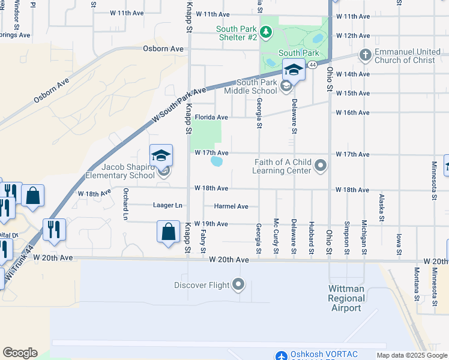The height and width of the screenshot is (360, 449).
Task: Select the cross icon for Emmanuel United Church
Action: click(364, 55)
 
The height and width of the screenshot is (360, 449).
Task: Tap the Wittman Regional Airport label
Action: click(347, 298)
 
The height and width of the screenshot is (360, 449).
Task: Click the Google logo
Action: click(20, 353)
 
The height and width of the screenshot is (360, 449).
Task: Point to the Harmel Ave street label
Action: click(231, 206)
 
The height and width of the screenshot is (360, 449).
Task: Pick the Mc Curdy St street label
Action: click(276, 235)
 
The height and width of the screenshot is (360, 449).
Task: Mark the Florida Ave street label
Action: click(211, 118)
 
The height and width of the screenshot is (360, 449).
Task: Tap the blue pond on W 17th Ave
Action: click(217, 161)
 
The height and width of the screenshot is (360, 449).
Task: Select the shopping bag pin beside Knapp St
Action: click(169, 232)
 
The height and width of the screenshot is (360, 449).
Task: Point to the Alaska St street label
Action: click(381, 208)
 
